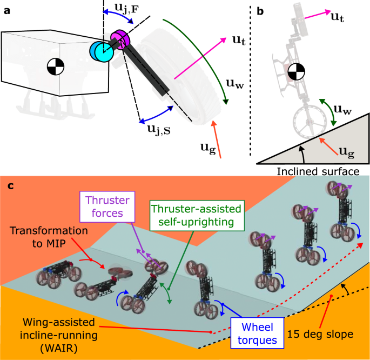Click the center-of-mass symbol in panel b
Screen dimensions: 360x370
[x=296, y=71]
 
